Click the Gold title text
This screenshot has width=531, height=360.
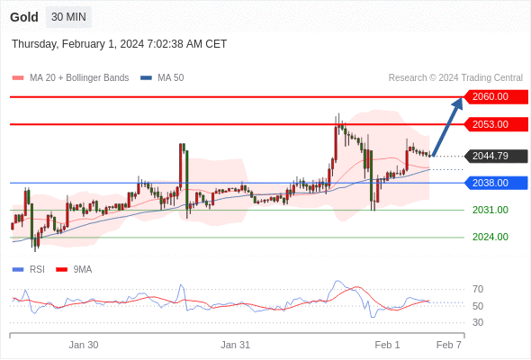point(24,17)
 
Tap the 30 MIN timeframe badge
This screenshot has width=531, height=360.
point(68,16)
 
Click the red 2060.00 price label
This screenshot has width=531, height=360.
point(496,97)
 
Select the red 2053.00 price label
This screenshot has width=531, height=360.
point(496,124)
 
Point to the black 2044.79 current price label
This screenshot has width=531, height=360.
point(496,156)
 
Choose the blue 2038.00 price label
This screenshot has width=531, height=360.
point(496,183)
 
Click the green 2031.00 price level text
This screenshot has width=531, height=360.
point(490,210)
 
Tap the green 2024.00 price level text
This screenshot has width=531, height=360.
point(490,237)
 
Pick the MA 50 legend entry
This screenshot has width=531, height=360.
point(162,78)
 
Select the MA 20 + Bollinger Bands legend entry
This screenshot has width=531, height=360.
point(70,78)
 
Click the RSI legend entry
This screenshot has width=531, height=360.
point(29,270)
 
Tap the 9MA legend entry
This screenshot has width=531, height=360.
point(74,270)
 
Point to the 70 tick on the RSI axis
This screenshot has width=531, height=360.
point(478,289)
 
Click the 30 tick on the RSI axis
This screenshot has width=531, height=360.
point(478,322)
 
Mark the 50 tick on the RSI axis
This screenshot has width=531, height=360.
point(478,306)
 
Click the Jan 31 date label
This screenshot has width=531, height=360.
point(236,345)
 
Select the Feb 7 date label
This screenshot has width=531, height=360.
point(449,345)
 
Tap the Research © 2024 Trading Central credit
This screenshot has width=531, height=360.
point(455,78)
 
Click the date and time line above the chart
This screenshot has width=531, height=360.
point(119,44)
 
